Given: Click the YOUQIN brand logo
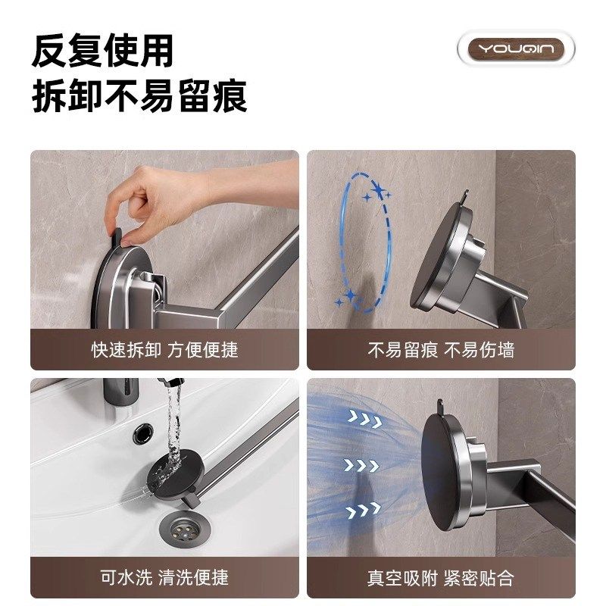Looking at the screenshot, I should [516, 50].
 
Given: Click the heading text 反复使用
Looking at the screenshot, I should [102, 51].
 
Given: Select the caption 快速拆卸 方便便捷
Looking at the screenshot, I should [164, 350].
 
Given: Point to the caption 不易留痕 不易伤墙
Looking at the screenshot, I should [441, 350].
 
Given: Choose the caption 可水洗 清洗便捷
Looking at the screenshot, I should [164, 578].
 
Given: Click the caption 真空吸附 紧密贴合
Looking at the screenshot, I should [441, 578].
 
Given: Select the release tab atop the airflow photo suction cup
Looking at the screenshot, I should [439, 408].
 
